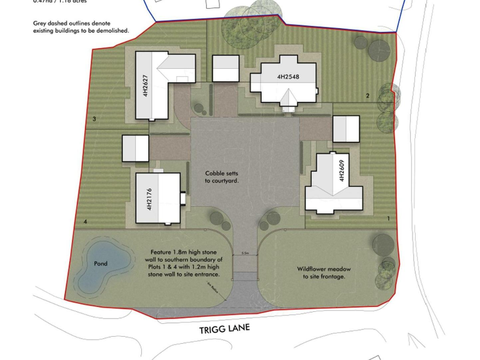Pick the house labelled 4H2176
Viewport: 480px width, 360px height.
click(x=157, y=198)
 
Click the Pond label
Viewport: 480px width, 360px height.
click(x=101, y=264)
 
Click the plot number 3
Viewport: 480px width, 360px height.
click(x=94, y=119)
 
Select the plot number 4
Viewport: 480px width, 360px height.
click(x=85, y=222)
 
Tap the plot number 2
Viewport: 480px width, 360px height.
click(x=367, y=96)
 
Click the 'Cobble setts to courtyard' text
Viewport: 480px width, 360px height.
click(x=222, y=177)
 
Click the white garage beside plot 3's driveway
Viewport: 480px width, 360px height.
click(x=135, y=149)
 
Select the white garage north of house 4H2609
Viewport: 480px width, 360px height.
click(x=346, y=129)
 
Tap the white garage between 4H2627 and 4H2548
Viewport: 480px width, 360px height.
click(x=226, y=67)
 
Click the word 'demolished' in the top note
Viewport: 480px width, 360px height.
click(x=109, y=31)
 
